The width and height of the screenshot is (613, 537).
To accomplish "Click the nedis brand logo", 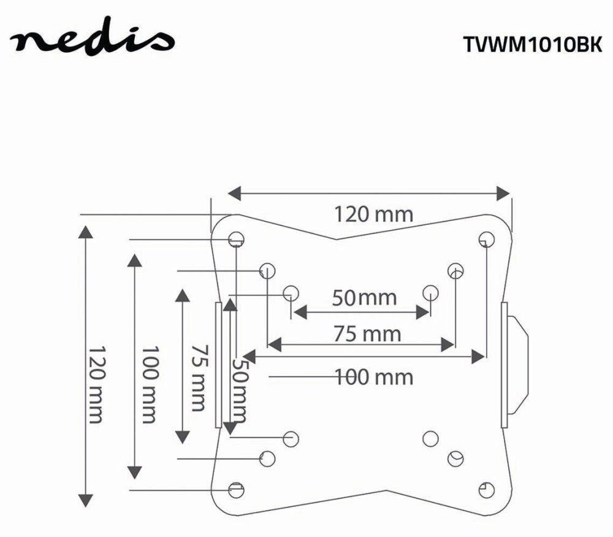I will pos(92,42).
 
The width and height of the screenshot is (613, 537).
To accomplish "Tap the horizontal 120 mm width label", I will pos(373,215).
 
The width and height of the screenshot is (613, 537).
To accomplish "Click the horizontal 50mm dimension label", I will pos(364,298).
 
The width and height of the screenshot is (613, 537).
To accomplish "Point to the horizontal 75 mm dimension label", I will pos(367,334).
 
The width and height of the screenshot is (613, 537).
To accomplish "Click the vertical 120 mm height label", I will pos(94,384).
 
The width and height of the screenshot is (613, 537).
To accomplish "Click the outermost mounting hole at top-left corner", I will pos(236,238).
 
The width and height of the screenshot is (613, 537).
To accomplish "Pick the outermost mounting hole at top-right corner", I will pos(486,238).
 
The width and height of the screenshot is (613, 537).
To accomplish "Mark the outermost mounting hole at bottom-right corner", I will pos(486,489).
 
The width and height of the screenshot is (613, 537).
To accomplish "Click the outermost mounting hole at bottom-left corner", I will pos(236,489).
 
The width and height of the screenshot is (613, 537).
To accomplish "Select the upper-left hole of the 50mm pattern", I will pos(292,292).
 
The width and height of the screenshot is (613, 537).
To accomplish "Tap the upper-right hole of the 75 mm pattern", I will pos(455,270).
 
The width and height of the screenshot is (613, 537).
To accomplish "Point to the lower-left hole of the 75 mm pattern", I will pos(267,458).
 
